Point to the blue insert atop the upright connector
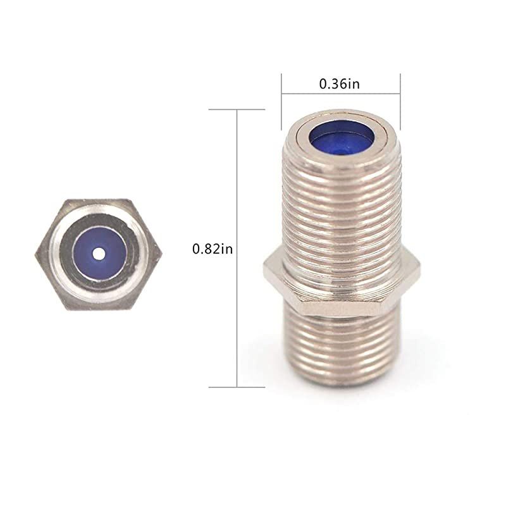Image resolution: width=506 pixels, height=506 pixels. pyautogui.click(x=340, y=139)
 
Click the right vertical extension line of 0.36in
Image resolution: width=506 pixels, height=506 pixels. pyautogui.click(x=400, y=95)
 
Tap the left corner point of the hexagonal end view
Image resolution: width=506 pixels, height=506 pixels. pyautogui.click(x=35, y=254)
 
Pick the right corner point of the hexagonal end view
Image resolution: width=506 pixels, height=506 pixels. pyautogui.click(x=163, y=254)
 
